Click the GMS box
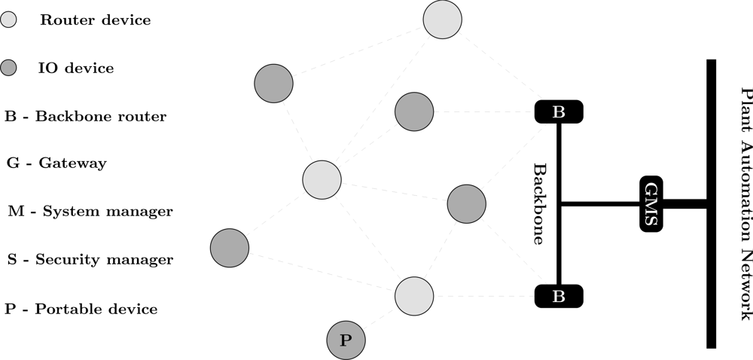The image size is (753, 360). [x=651, y=203]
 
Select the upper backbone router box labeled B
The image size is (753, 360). [x=559, y=112]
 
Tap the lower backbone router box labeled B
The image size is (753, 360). [x=559, y=296]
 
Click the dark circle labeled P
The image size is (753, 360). [x=346, y=340]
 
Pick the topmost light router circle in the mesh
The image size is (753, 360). [x=442, y=20]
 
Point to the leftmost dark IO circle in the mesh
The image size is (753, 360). [x=229, y=248]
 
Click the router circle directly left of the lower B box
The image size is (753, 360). [x=414, y=296]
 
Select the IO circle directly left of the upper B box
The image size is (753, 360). [x=413, y=112]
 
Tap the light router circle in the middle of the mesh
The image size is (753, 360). [x=322, y=179]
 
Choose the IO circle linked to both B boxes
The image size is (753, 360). [x=466, y=203]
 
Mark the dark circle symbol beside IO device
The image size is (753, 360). [x=9, y=69]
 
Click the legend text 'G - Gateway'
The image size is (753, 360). [x=56, y=163]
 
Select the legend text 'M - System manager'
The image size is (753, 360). [x=90, y=212]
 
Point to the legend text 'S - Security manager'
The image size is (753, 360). [x=90, y=260]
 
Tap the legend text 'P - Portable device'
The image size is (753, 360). [x=81, y=309]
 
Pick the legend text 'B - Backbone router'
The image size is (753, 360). [x=85, y=117]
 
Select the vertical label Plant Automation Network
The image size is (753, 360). [x=745, y=203]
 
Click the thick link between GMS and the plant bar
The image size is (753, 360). [x=684, y=203]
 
